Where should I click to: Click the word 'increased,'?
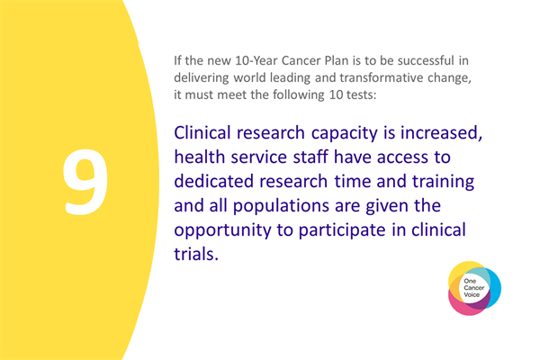click(445, 132)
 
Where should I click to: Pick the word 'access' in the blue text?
click(423, 157)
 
